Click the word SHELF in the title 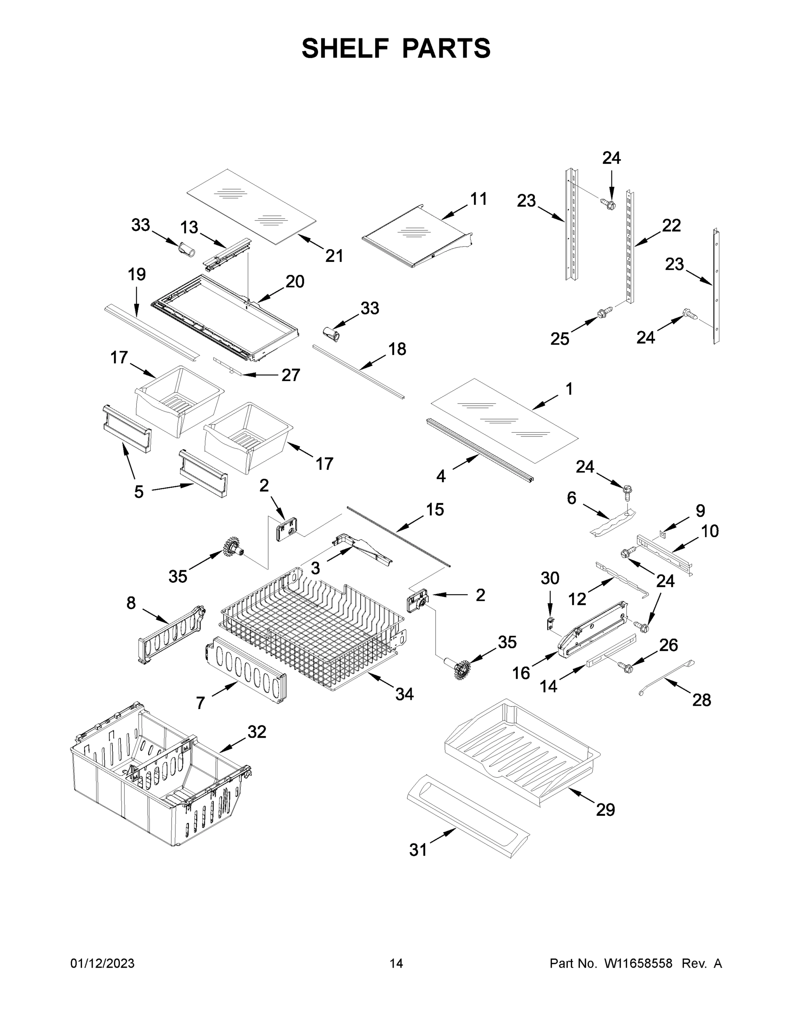tap(345, 48)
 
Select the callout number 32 tap(257, 731)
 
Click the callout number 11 tap(479, 199)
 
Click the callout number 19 tap(137, 274)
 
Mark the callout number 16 tap(521, 673)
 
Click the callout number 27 tap(290, 375)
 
